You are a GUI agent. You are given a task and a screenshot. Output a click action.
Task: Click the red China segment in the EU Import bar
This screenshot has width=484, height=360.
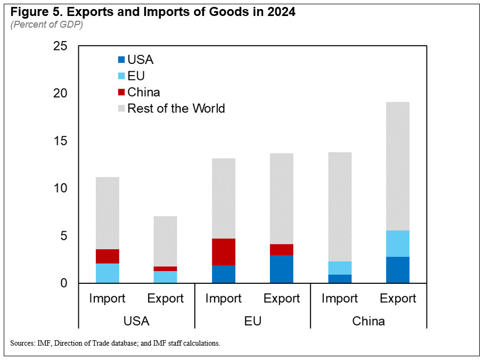pos(224,252)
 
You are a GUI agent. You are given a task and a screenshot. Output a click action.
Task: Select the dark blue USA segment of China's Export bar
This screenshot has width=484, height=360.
pos(398,270)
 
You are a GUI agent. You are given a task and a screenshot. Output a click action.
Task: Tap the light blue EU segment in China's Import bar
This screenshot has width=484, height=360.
pos(340,268)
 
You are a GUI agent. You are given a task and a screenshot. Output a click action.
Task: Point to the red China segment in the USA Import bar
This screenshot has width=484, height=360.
pos(108,256)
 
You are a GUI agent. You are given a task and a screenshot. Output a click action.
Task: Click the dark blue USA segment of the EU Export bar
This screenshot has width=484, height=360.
pos(282,269)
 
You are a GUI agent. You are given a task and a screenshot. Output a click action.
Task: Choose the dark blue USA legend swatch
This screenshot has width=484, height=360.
pos(121,60)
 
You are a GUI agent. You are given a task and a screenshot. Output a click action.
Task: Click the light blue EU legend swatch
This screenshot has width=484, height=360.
pos(121,76)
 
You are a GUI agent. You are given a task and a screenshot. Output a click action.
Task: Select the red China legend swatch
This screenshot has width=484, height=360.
pos(121,92)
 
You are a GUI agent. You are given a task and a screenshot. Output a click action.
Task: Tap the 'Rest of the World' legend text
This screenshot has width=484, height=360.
pos(176,109)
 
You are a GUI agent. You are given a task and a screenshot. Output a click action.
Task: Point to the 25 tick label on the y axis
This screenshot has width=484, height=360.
pos(60,46)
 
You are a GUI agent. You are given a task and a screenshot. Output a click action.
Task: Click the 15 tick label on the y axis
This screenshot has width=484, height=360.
pos(60,141)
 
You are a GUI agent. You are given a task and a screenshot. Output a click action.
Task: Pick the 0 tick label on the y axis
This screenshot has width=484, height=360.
pos(64,283)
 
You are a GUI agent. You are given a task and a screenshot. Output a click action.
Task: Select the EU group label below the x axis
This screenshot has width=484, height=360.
pos(253,322)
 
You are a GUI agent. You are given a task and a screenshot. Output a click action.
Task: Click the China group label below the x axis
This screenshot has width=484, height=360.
pos(368,322)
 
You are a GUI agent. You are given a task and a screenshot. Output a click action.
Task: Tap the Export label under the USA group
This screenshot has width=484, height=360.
pos(166,299)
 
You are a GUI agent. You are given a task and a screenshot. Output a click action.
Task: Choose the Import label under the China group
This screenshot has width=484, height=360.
pos(340,299)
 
